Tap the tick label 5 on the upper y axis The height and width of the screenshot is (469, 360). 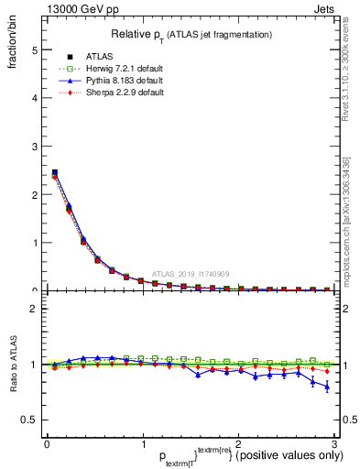[34, 49]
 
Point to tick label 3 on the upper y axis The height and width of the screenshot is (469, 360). [34, 146]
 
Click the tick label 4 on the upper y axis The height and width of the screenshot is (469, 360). [34, 97]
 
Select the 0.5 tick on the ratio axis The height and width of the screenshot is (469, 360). [29, 420]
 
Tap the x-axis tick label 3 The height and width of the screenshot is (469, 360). [333, 444]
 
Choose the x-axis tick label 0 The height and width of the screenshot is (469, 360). [47, 444]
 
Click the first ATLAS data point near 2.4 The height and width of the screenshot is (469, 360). [54, 172]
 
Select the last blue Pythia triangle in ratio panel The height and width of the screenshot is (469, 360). [327, 387]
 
